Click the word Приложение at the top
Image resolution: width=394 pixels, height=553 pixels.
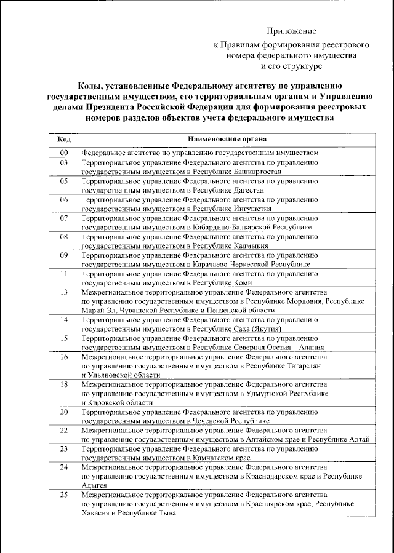coord(291,31)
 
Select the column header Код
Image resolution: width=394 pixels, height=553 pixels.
coord(63,138)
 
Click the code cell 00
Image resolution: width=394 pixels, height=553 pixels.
coord(63,152)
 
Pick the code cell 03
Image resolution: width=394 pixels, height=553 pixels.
coord(63,162)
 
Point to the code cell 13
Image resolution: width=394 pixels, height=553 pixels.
coord(63,292)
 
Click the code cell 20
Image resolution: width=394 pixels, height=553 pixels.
coord(63,411)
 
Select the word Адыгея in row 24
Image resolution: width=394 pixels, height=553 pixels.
coord(94,485)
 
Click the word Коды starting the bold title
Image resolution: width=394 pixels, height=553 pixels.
coord(91,87)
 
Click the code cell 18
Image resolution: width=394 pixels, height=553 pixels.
coord(63,384)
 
